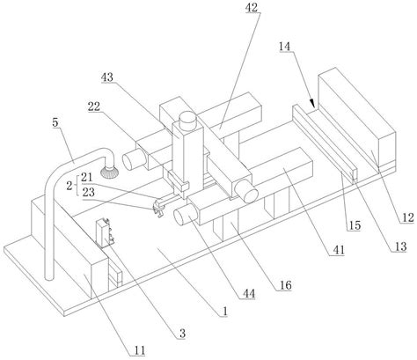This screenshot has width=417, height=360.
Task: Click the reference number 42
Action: tap(252, 8)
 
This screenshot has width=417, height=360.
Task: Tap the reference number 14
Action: tap(285, 47)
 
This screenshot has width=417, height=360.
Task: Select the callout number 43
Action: tap(106, 77)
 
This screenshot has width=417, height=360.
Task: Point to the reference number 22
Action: tap(94, 107)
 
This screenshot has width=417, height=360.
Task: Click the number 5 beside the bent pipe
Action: tap(55, 122)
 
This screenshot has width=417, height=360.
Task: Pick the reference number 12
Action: tap(407, 217)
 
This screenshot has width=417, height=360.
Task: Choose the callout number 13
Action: tap(400, 246)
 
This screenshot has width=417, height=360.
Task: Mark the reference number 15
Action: tap(355, 225)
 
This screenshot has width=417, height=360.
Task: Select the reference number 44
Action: tap(248, 293)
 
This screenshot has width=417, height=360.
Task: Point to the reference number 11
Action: tap(140, 350)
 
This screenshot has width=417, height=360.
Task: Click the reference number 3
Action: tap(182, 334)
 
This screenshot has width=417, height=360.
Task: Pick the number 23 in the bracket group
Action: tap(88, 192)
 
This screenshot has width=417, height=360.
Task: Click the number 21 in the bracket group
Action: tap(87, 177)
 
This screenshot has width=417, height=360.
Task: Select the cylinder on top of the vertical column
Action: tap(187, 121)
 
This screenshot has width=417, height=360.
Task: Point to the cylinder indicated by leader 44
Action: tap(185, 215)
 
